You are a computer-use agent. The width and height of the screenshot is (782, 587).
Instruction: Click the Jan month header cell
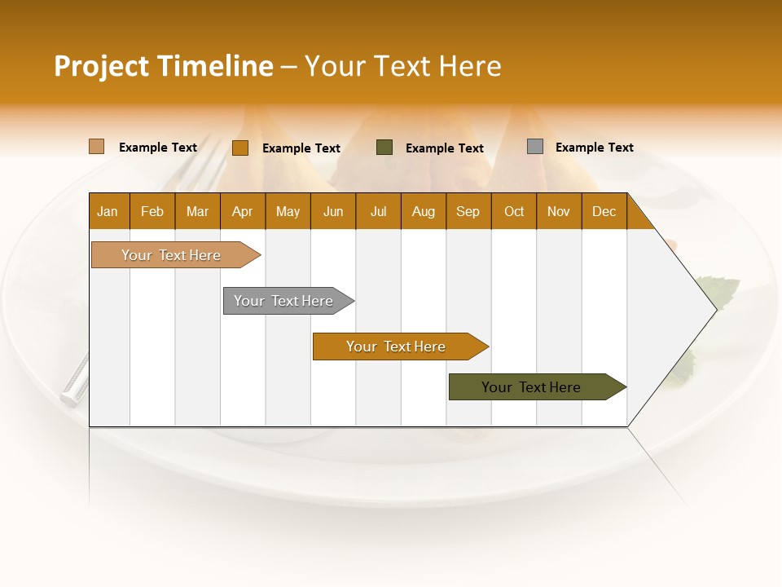point(108,211)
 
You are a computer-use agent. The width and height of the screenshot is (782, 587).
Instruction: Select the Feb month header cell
point(152,211)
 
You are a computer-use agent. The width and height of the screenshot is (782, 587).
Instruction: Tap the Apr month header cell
point(243,211)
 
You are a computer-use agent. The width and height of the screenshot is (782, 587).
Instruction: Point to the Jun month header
point(333,211)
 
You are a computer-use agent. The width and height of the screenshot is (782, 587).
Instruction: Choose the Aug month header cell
point(424,211)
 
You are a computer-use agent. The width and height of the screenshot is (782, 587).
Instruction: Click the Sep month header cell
point(468,211)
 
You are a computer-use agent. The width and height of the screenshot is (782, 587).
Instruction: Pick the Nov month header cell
point(559,211)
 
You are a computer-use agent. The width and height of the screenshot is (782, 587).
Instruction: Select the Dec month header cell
point(604,211)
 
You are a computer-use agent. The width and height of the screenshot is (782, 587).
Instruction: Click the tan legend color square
point(97,147)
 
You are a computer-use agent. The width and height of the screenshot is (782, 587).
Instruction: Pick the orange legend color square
point(240,148)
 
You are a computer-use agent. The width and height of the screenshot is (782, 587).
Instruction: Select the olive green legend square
point(384,147)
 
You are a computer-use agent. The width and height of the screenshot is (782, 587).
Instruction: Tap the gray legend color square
point(535,147)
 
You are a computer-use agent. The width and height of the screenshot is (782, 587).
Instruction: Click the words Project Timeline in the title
point(164,66)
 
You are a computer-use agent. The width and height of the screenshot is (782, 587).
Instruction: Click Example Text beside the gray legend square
point(594,148)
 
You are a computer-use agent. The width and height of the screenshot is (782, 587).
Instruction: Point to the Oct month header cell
point(514,211)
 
